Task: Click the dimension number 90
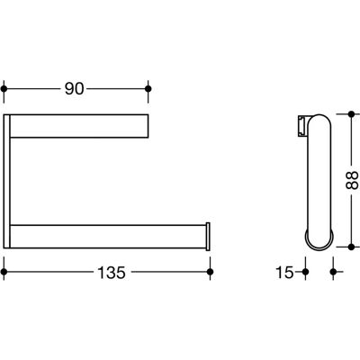tap(74, 89)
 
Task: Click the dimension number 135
tap(112, 273)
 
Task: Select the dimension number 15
tap(284, 273)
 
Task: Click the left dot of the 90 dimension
tap(4, 89)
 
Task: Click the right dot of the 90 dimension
tap(148, 89)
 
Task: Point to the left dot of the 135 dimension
tap(4, 272)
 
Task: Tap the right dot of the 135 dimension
tap(211, 272)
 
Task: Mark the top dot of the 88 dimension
tap(351, 114)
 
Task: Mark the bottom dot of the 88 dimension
tap(351, 247)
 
